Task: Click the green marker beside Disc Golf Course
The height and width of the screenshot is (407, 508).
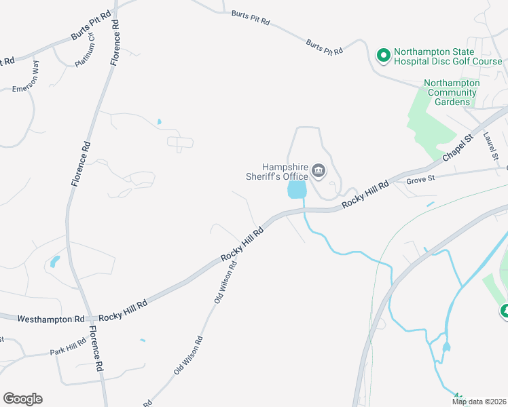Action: point(383,55)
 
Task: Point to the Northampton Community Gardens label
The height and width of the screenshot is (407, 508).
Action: point(452,92)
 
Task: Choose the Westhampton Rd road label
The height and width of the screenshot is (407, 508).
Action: point(51,318)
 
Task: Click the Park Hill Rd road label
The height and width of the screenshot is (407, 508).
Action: point(68,347)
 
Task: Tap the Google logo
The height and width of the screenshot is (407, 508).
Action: point(22,399)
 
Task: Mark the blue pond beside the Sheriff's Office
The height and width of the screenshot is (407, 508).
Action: point(297,189)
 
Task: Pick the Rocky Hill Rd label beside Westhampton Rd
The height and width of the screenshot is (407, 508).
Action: point(123,311)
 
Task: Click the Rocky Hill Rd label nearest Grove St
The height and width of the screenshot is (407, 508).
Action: point(365,194)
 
